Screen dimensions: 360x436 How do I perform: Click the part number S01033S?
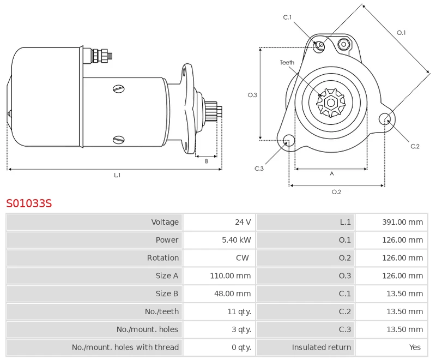coord(29,203)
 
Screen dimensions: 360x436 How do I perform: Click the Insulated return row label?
coord(322,347)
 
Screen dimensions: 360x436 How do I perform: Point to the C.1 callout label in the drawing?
coord(287,17)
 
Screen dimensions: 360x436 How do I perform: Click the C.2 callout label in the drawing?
coord(415,146)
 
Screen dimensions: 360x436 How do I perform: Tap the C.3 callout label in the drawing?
coord(259,169)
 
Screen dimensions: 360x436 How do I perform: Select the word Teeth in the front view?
coord(287,63)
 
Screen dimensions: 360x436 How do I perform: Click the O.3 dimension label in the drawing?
coord(252,95)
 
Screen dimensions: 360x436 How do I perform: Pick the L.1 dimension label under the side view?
coord(117,175)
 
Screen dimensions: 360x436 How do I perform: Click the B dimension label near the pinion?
coord(207,161)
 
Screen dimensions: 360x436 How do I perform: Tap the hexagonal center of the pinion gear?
coord(330,102)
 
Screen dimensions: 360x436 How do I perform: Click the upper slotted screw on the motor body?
coord(119,88)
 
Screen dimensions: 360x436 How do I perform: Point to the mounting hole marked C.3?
coord(289,141)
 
